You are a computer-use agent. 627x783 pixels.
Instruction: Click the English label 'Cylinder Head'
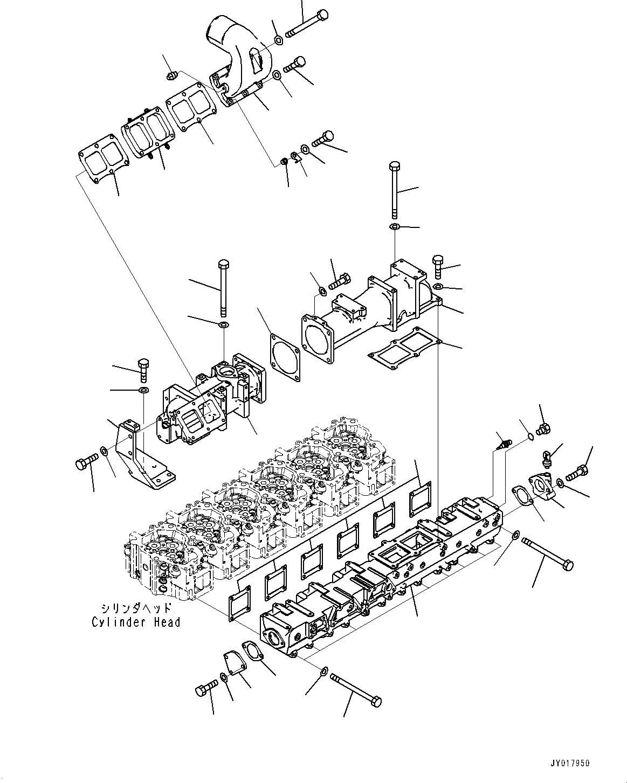(135, 622)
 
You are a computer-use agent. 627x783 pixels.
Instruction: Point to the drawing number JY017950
(570, 764)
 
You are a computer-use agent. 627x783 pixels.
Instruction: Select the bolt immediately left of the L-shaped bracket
(86, 461)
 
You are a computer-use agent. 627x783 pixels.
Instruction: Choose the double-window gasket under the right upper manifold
(404, 345)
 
